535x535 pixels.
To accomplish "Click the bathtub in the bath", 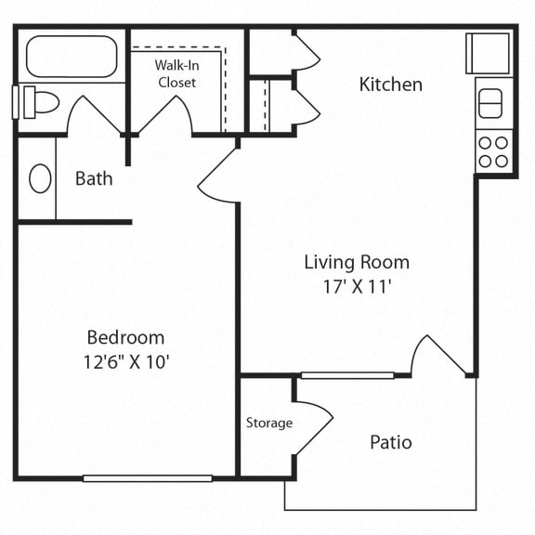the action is coord(72,57).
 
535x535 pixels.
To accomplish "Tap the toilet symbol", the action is coord(41,102).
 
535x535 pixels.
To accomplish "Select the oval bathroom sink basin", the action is coord(40,178).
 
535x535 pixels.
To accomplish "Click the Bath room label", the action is coord(94,178).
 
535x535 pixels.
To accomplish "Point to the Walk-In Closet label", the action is coord(176,73).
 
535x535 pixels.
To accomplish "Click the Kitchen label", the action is coord(391,85).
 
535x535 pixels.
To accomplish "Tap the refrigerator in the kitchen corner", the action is coord(488,53).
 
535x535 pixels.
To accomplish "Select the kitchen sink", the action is coord(490,103).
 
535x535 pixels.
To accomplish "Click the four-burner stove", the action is coord(494,151).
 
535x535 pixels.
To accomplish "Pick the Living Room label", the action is coord(357,262).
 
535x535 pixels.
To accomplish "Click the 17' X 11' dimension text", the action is coord(357,286).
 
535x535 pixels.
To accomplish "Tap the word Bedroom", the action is coord(125,337).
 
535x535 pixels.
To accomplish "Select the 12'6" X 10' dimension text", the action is coord(126,361).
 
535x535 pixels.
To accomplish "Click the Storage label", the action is coord(269,424).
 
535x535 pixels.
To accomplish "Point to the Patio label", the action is coord(391,442).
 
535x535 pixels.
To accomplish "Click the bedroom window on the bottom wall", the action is coord(148,478).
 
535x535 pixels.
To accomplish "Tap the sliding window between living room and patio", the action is coord(347,375).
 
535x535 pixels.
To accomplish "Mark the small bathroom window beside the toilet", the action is coord(15,102).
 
